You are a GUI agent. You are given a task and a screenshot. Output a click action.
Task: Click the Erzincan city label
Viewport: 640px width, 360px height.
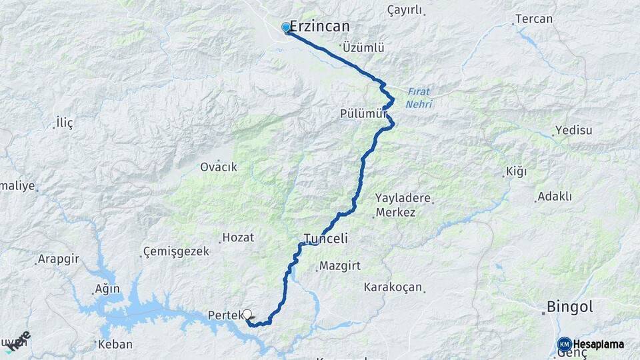320,27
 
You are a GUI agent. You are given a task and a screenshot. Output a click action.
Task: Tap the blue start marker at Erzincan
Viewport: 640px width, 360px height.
286,27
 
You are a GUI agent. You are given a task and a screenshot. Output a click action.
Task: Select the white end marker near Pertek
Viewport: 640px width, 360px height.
247,314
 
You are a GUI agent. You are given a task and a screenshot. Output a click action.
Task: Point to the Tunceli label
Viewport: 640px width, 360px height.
326,238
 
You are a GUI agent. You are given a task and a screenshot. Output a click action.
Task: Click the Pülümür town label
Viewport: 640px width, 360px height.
363,114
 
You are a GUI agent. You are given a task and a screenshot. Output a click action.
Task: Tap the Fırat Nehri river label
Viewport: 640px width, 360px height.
419,98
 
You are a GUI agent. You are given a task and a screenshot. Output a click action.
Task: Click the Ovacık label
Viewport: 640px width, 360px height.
219,167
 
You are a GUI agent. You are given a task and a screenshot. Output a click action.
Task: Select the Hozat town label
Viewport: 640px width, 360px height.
239,237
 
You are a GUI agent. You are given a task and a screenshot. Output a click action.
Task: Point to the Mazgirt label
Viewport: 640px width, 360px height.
340,265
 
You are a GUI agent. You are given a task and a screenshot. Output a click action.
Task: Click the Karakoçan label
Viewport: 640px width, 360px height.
393,287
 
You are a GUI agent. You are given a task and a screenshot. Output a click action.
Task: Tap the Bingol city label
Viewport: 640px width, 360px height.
569,307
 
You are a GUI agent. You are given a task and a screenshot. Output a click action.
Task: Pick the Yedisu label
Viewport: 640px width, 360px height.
573,130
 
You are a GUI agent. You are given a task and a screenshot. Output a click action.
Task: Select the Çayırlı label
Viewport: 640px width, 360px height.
405,10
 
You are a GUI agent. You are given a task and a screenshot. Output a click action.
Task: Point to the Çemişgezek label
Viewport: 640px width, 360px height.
177,251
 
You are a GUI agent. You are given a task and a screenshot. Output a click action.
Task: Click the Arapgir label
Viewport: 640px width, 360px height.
59,259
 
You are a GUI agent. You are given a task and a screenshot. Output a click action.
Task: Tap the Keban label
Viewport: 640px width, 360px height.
115,345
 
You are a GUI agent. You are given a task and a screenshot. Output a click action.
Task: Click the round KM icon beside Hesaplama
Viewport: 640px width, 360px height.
565,344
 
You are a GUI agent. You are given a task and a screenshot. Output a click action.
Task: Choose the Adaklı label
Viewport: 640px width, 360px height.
555,197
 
